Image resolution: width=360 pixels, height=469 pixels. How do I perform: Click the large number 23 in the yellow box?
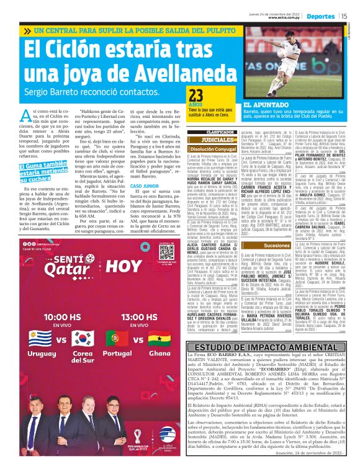(x=197, y=95)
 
